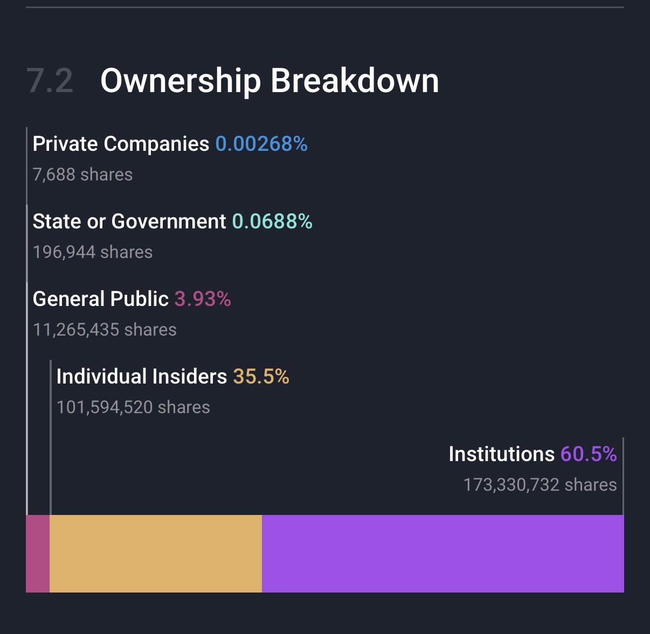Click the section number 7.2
pyautogui.click(x=50, y=81)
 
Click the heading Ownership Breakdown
pyautogui.click(x=269, y=81)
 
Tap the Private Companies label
pyautogui.click(x=121, y=144)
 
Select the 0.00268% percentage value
pyautogui.click(x=261, y=144)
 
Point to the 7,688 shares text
pyautogui.click(x=82, y=175)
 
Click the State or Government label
pyautogui.click(x=129, y=221)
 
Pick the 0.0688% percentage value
pyautogui.click(x=272, y=221)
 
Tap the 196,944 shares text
pyautogui.click(x=93, y=252)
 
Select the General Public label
pyautogui.click(x=101, y=299)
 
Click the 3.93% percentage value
pyautogui.click(x=203, y=299)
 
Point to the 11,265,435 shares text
pyautogui.click(x=105, y=330)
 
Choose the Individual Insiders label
pyautogui.click(x=142, y=377)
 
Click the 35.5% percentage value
pyautogui.click(x=261, y=377)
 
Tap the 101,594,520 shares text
pyautogui.click(x=133, y=407)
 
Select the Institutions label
pyautogui.click(x=501, y=454)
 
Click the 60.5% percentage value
pyautogui.click(x=589, y=454)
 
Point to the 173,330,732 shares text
pyautogui.click(x=540, y=485)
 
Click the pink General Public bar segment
pyautogui.click(x=38, y=554)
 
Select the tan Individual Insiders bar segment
pyautogui.click(x=156, y=554)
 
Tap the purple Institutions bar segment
pyautogui.click(x=442, y=554)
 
